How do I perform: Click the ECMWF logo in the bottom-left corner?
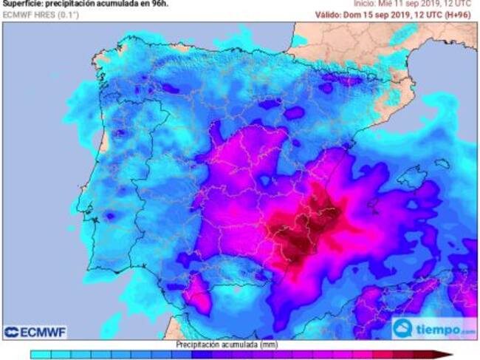coord(35,332)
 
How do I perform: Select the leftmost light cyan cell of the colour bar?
coord(41,355)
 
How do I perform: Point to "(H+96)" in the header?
coord(462,15)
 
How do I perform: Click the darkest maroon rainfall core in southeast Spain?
coord(299,244)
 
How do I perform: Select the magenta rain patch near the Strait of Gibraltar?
coord(197,292)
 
